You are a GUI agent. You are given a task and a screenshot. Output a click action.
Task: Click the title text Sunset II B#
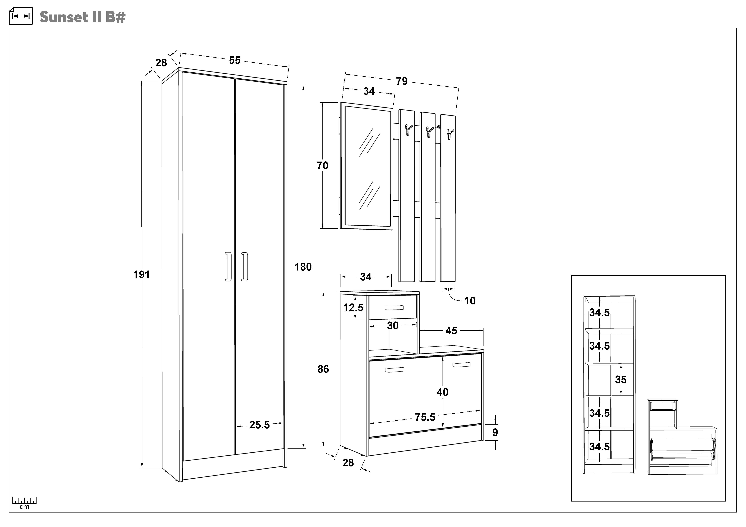(82, 17)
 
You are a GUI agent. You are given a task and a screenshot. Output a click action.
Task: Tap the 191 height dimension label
(141, 275)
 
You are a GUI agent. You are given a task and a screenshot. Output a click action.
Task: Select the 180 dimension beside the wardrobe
(303, 267)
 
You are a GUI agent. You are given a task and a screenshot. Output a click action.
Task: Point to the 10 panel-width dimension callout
(469, 301)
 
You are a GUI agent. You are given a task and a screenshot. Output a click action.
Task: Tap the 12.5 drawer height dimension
(353, 307)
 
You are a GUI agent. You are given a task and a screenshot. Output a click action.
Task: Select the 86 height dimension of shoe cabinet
(323, 369)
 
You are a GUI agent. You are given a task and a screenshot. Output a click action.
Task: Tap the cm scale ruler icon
(24, 502)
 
